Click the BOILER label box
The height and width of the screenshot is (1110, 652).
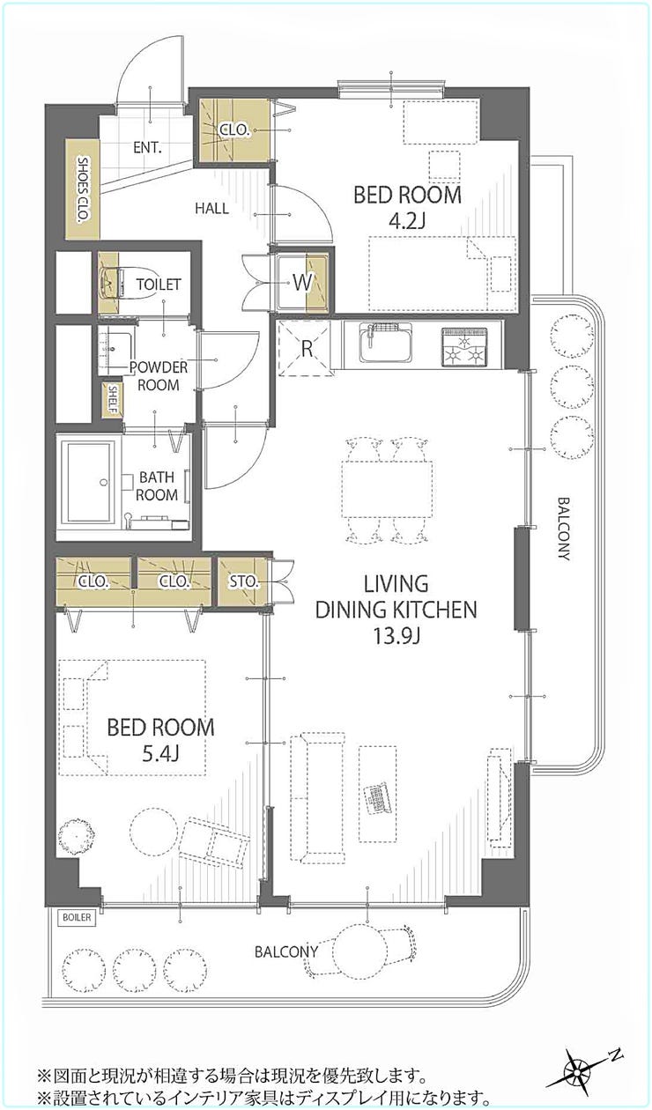tap(77, 917)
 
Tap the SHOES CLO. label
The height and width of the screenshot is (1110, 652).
tap(83, 189)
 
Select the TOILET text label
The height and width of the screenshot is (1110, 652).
tap(159, 285)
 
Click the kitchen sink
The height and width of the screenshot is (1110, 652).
tap(386, 343)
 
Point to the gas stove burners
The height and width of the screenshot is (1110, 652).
tap(464, 347)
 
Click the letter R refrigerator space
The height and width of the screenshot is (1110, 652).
tap(307, 349)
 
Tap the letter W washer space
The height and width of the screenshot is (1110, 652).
tap(302, 283)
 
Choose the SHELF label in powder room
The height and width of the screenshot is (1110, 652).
tap(113, 399)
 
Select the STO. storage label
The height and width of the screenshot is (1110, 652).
tap(244, 581)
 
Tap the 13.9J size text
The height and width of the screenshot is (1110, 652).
tap(396, 636)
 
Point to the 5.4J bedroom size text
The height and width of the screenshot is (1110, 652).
tap(160, 754)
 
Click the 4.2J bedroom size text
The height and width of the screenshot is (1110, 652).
tap(407, 221)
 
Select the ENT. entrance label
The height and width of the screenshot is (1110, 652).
tap(148, 147)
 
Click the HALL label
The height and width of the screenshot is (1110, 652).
tap(211, 208)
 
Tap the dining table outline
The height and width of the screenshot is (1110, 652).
tap(387, 489)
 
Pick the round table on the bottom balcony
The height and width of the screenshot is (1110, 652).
tap(359, 953)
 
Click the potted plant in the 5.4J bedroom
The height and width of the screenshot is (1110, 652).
tap(77, 838)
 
